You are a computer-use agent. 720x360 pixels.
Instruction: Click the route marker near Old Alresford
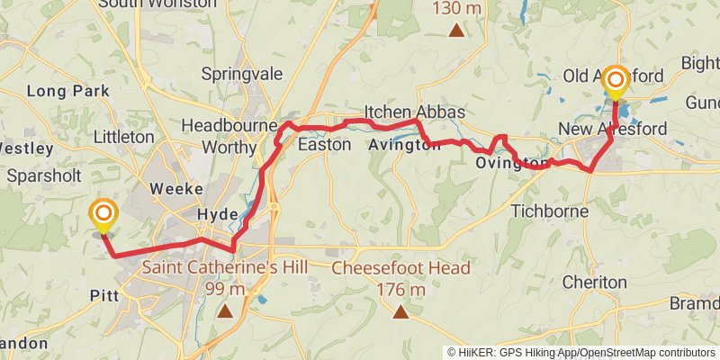click(x=616, y=81)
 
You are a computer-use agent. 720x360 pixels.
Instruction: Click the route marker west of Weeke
click(x=103, y=214)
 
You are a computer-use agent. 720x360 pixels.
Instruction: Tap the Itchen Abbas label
click(x=414, y=112)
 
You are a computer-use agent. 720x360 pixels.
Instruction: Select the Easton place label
click(x=324, y=144)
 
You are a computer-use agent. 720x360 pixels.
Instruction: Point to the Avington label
click(x=404, y=145)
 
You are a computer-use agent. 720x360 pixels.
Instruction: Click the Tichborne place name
click(x=549, y=211)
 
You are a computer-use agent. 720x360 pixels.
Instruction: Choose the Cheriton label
click(x=594, y=282)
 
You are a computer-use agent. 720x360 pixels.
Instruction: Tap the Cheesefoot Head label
click(x=401, y=268)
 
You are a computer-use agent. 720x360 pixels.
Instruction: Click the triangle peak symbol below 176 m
click(x=400, y=312)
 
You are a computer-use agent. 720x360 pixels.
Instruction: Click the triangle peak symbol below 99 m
click(x=225, y=312)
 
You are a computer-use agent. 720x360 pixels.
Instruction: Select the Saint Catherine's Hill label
click(x=225, y=267)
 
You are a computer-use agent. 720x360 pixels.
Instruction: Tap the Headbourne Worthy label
click(x=229, y=134)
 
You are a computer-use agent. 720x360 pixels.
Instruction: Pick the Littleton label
click(x=123, y=137)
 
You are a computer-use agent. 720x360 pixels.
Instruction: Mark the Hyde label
click(x=218, y=215)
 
